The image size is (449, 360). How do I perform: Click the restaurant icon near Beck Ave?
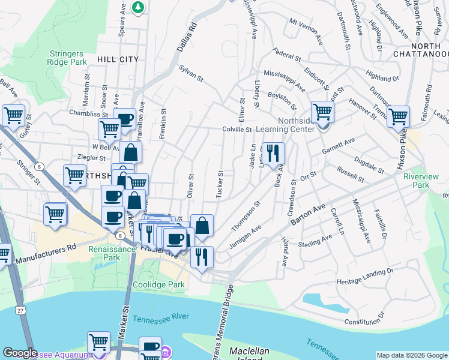click(273, 154)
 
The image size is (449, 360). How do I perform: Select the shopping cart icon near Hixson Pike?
click(398, 117)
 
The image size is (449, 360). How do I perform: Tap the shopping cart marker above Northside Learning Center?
click(323, 112)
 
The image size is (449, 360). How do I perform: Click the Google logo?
click(20, 353)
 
